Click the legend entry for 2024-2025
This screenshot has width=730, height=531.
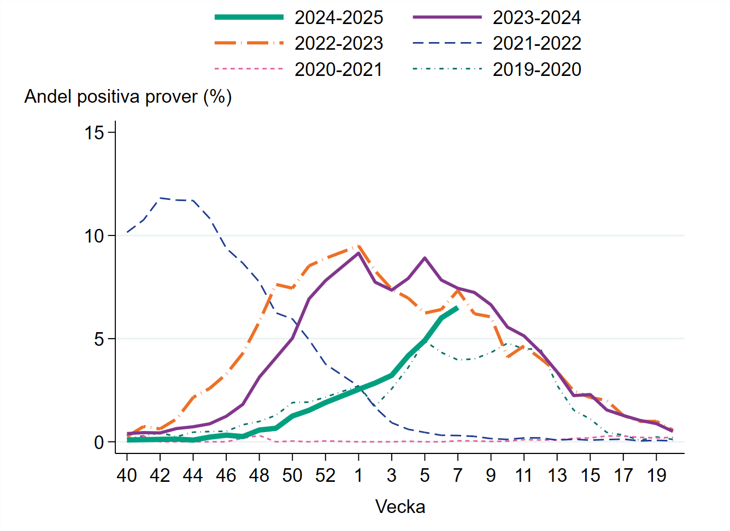338,17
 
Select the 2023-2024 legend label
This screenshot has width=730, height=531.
536,17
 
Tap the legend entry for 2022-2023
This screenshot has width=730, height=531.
338,44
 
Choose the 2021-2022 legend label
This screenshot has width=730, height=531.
536,44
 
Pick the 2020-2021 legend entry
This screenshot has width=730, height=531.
338,70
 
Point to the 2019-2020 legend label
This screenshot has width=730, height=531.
536,70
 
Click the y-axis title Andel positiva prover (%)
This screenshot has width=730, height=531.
128,97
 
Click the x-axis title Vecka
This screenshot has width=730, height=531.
400,507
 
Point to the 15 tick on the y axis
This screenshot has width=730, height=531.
95,132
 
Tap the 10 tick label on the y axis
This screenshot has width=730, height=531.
95,236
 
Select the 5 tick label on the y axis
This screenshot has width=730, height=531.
99,339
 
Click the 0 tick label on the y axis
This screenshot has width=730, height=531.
99,442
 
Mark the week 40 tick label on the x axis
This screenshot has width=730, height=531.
127,476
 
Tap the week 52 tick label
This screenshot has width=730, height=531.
325,476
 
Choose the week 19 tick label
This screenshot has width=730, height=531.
656,476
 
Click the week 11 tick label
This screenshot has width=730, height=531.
524,476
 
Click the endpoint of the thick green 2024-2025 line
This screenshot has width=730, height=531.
457,308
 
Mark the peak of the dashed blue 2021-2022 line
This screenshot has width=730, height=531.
160,198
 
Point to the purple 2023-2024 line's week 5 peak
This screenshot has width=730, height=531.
425,258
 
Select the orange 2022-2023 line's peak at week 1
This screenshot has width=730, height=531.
358,246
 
